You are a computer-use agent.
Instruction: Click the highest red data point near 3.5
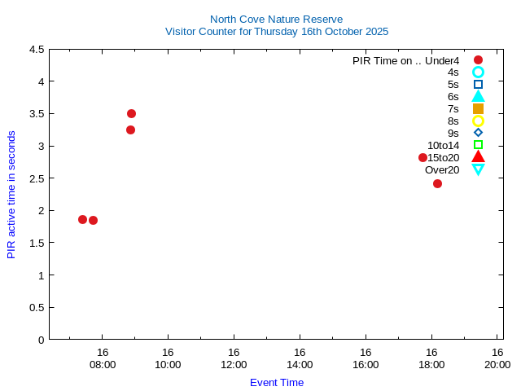(131, 113)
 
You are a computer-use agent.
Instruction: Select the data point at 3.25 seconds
(130, 130)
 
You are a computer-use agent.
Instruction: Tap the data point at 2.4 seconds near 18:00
(437, 183)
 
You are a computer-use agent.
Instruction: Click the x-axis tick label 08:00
(103, 364)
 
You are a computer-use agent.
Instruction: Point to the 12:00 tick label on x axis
(234, 364)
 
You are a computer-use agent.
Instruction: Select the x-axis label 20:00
(497, 364)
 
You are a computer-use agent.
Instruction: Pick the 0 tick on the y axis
(41, 340)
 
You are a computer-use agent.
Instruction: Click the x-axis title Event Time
(277, 382)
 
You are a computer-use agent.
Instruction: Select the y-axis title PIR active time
(11, 194)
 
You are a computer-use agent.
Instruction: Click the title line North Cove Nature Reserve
(277, 19)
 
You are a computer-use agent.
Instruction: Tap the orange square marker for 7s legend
(478, 108)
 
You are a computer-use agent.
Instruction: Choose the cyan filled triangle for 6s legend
(478, 96)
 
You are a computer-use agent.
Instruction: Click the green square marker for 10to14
(478, 145)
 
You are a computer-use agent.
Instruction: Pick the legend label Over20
(442, 169)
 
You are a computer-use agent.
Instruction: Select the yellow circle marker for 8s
(478, 121)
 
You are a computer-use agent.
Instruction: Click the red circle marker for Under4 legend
(478, 59)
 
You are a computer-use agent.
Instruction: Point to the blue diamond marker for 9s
(478, 133)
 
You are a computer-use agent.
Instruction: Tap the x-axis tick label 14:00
(300, 364)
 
